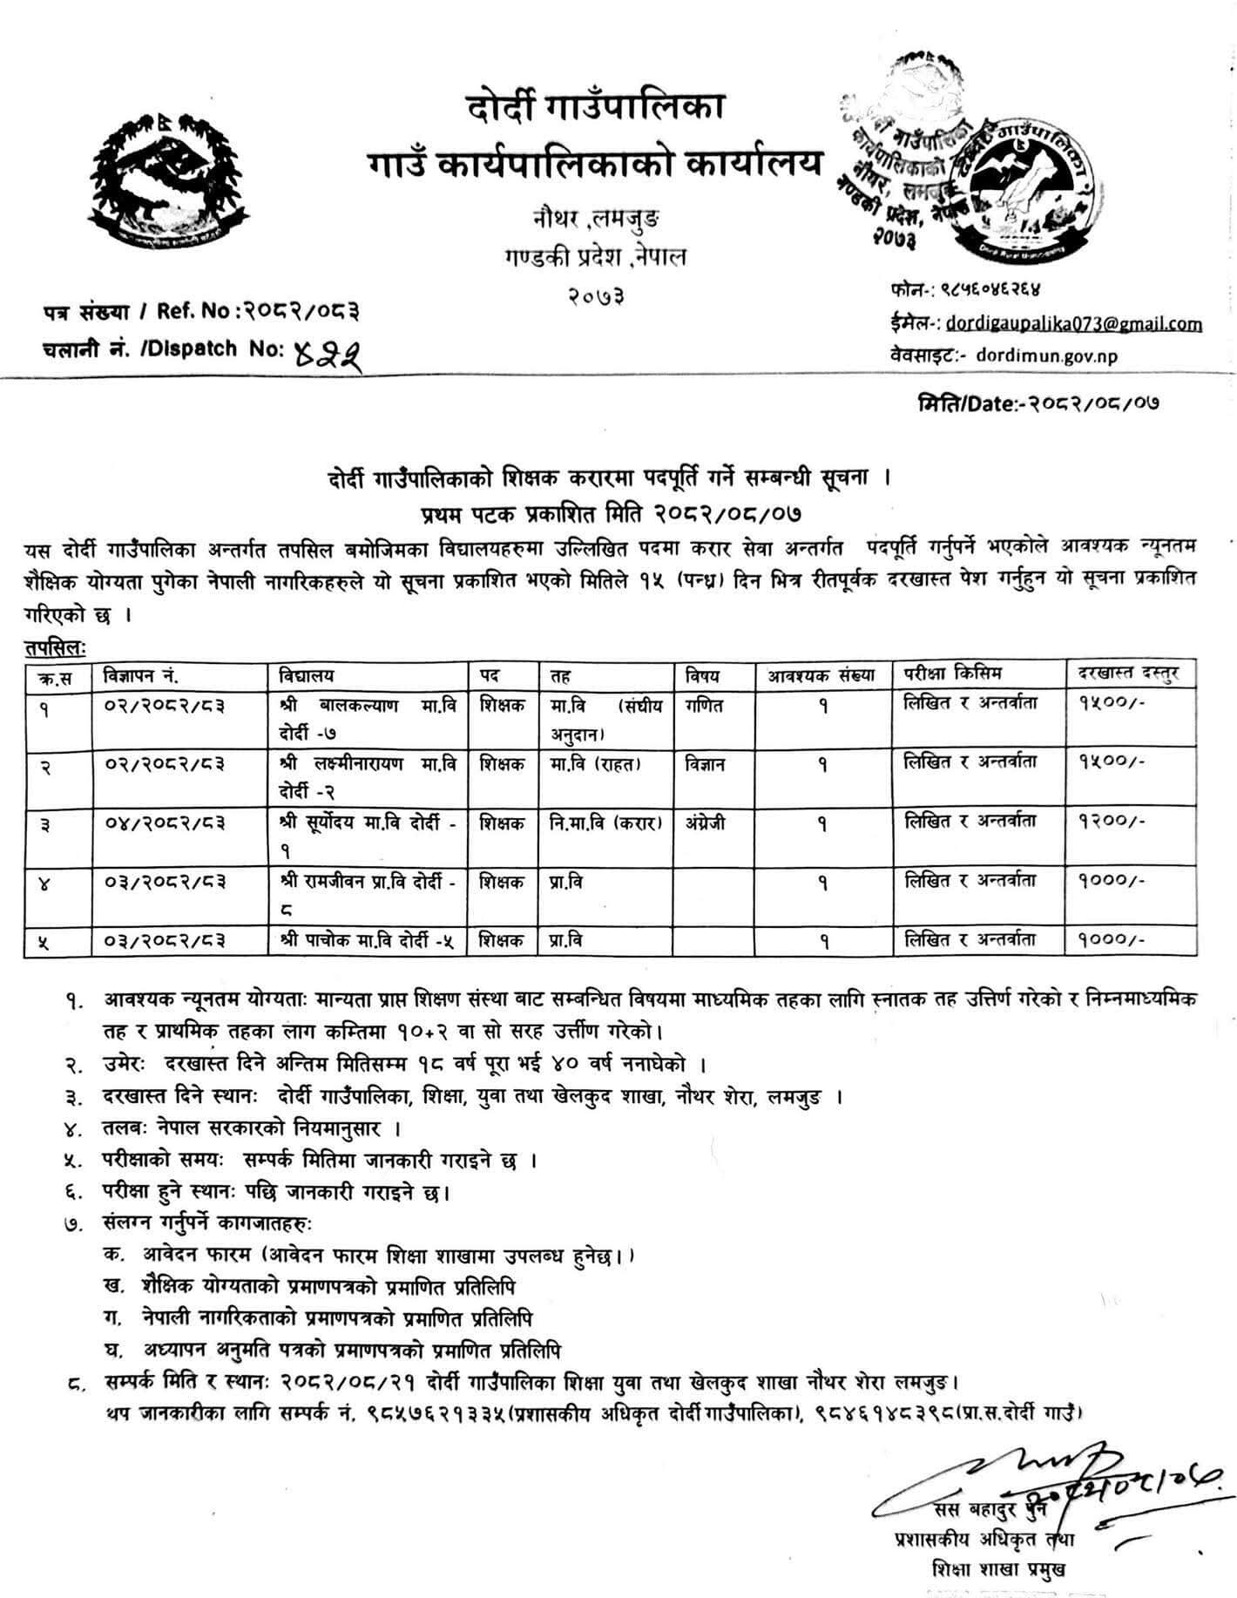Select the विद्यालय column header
[306, 675]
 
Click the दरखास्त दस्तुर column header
[1128, 674]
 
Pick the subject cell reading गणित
[704, 706]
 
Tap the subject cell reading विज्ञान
[706, 764]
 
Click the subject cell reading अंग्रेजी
[706, 823]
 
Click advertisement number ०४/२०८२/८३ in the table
[166, 823]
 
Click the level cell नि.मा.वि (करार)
[606, 823]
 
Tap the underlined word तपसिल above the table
[55, 647]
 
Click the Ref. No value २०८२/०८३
[301, 311]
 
